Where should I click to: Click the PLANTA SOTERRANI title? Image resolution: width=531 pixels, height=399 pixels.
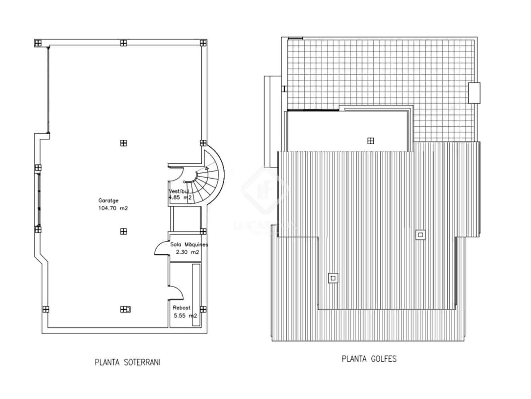(127, 362)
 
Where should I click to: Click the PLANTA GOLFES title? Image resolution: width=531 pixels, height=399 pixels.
(369, 359)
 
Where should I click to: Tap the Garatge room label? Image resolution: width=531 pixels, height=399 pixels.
(108, 200)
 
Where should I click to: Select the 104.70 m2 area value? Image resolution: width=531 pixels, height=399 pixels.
(113, 208)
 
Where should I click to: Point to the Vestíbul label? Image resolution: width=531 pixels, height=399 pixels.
(179, 191)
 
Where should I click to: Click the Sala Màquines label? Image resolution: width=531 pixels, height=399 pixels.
(189, 244)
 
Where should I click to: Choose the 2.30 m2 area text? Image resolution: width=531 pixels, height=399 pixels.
(187, 252)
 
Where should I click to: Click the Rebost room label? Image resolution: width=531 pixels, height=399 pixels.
(182, 308)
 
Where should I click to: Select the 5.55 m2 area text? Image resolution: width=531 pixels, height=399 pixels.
(185, 316)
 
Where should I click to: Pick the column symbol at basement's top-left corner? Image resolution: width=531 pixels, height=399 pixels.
(38, 43)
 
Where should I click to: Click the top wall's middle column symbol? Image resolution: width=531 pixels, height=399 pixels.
(123, 43)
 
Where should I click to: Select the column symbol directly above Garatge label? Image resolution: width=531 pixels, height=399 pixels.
(123, 143)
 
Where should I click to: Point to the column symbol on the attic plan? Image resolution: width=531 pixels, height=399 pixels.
(371, 141)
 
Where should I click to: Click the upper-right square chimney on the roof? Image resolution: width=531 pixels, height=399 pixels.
(420, 235)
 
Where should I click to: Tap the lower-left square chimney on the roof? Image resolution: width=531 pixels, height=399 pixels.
(333, 278)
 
